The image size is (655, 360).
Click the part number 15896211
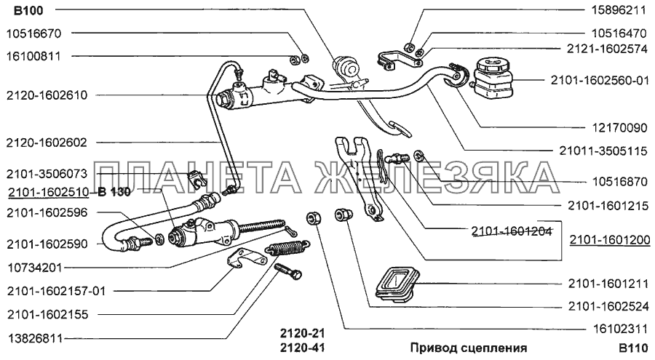618,10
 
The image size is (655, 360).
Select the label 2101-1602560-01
600,80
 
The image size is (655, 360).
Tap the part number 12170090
619,128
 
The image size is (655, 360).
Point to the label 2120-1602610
47,95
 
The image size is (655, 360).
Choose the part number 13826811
35,338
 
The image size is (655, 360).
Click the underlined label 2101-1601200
610,240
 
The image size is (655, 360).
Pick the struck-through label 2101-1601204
512,231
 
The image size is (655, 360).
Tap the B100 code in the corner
28,10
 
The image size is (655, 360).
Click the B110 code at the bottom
633,348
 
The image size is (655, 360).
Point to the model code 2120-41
302,348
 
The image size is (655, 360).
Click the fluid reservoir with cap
492,79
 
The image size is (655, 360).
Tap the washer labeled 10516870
419,156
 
